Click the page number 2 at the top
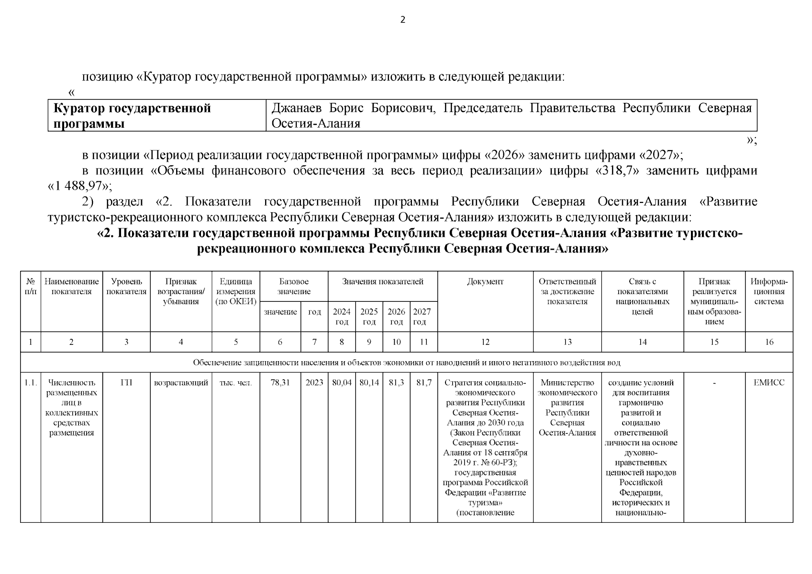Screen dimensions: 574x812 pos(402,20)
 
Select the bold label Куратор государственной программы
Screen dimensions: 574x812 pos(132,116)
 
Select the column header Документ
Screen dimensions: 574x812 pos(485,282)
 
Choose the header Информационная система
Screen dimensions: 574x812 pos(768,292)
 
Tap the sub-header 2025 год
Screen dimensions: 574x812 pos(369,316)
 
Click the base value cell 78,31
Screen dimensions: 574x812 pos(280,383)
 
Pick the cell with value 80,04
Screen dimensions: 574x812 pos(341,383)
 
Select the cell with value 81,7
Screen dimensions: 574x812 pos(423,383)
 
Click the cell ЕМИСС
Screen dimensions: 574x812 pos(768,383)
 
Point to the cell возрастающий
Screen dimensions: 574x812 pos(181,383)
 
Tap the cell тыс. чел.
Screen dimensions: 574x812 pos(235,383)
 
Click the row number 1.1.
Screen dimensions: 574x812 pos(31,383)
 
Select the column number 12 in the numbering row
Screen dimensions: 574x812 pos(485,342)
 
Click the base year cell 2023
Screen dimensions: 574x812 pos(314,383)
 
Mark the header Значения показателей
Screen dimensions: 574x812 pos(382,282)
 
